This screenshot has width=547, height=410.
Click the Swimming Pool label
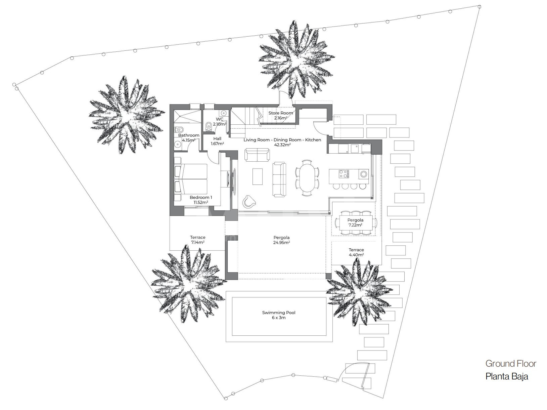[279, 313]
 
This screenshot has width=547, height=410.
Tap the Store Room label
[281, 113]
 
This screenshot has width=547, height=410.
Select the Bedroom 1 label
[200, 197]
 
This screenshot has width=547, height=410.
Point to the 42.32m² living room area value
[282, 145]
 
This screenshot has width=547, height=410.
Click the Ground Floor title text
[511, 364]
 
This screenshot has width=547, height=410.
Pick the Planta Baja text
[507, 376]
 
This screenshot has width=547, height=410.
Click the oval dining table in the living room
[307, 177]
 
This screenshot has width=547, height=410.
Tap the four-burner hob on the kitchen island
[344, 174]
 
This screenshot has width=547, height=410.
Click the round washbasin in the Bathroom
[178, 144]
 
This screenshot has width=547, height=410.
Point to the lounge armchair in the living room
[249, 201]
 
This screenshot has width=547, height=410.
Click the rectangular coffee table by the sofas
[258, 176]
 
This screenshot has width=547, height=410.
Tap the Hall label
[217, 139]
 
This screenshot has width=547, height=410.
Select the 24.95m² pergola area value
[282, 242]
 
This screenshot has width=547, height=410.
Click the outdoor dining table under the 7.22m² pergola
[356, 222]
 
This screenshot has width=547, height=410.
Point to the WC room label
[220, 119]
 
